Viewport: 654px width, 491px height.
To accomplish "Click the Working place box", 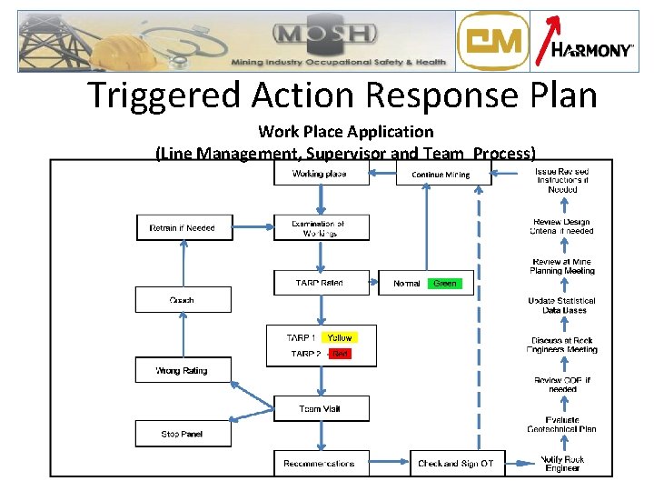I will [x=322, y=173].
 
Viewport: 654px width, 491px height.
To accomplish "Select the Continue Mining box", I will [x=442, y=174].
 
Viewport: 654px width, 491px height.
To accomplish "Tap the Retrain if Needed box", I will [x=183, y=227].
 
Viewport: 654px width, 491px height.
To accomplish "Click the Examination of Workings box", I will [x=322, y=227].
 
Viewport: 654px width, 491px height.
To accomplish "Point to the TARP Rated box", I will [x=322, y=283].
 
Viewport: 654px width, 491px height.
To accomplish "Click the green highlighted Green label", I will [x=445, y=284].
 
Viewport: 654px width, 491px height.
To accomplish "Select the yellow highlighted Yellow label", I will [x=340, y=337].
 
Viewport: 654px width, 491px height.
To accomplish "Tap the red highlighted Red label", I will [x=339, y=354].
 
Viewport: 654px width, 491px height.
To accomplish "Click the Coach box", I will [x=183, y=299].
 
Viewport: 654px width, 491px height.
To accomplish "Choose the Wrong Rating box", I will [x=183, y=370].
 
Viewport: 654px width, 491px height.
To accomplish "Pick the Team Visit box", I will [x=322, y=408].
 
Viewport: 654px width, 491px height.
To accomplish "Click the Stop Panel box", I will [x=183, y=434].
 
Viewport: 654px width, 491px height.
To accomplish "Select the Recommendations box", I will [x=322, y=463].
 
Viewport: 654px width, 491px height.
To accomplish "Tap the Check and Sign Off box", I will [x=456, y=463].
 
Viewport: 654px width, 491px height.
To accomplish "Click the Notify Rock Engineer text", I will [x=562, y=464].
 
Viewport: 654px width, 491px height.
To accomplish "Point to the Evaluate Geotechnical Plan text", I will [x=562, y=424].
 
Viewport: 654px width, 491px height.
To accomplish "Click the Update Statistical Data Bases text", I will [x=562, y=306].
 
